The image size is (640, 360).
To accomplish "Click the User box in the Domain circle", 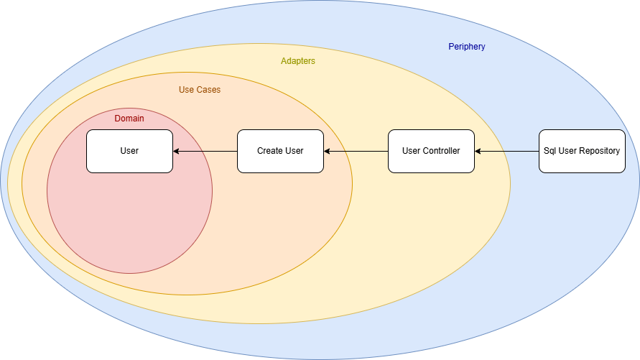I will pyautogui.click(x=129, y=151).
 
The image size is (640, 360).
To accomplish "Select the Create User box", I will pyautogui.click(x=280, y=151).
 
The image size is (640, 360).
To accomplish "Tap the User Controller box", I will pyautogui.click(x=431, y=151).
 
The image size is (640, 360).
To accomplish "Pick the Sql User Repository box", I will pyautogui.click(x=582, y=151).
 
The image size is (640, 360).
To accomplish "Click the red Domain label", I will pyautogui.click(x=129, y=119).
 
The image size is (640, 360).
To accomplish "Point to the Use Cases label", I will pyautogui.click(x=200, y=90).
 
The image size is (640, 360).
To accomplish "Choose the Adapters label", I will pyautogui.click(x=297, y=61).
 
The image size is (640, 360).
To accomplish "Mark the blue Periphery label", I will pyautogui.click(x=467, y=47).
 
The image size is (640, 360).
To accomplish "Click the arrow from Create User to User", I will pyautogui.click(x=205, y=151).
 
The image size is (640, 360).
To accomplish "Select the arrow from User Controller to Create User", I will pyautogui.click(x=356, y=151).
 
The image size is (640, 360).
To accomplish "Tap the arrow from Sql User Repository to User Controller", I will pyautogui.click(x=507, y=151).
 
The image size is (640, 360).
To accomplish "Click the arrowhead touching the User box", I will pyautogui.click(x=177, y=151).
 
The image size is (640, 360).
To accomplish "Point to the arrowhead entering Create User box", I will pyautogui.click(x=328, y=151).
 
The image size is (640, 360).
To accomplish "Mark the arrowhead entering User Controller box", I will pyautogui.click(x=478, y=151).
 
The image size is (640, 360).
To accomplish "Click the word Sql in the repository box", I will pyautogui.click(x=550, y=151).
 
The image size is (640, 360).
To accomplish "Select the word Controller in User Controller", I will pyautogui.click(x=441, y=151).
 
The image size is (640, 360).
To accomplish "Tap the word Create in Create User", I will pyautogui.click(x=270, y=151).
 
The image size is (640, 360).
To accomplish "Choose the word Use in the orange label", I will pyautogui.click(x=186, y=90).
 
